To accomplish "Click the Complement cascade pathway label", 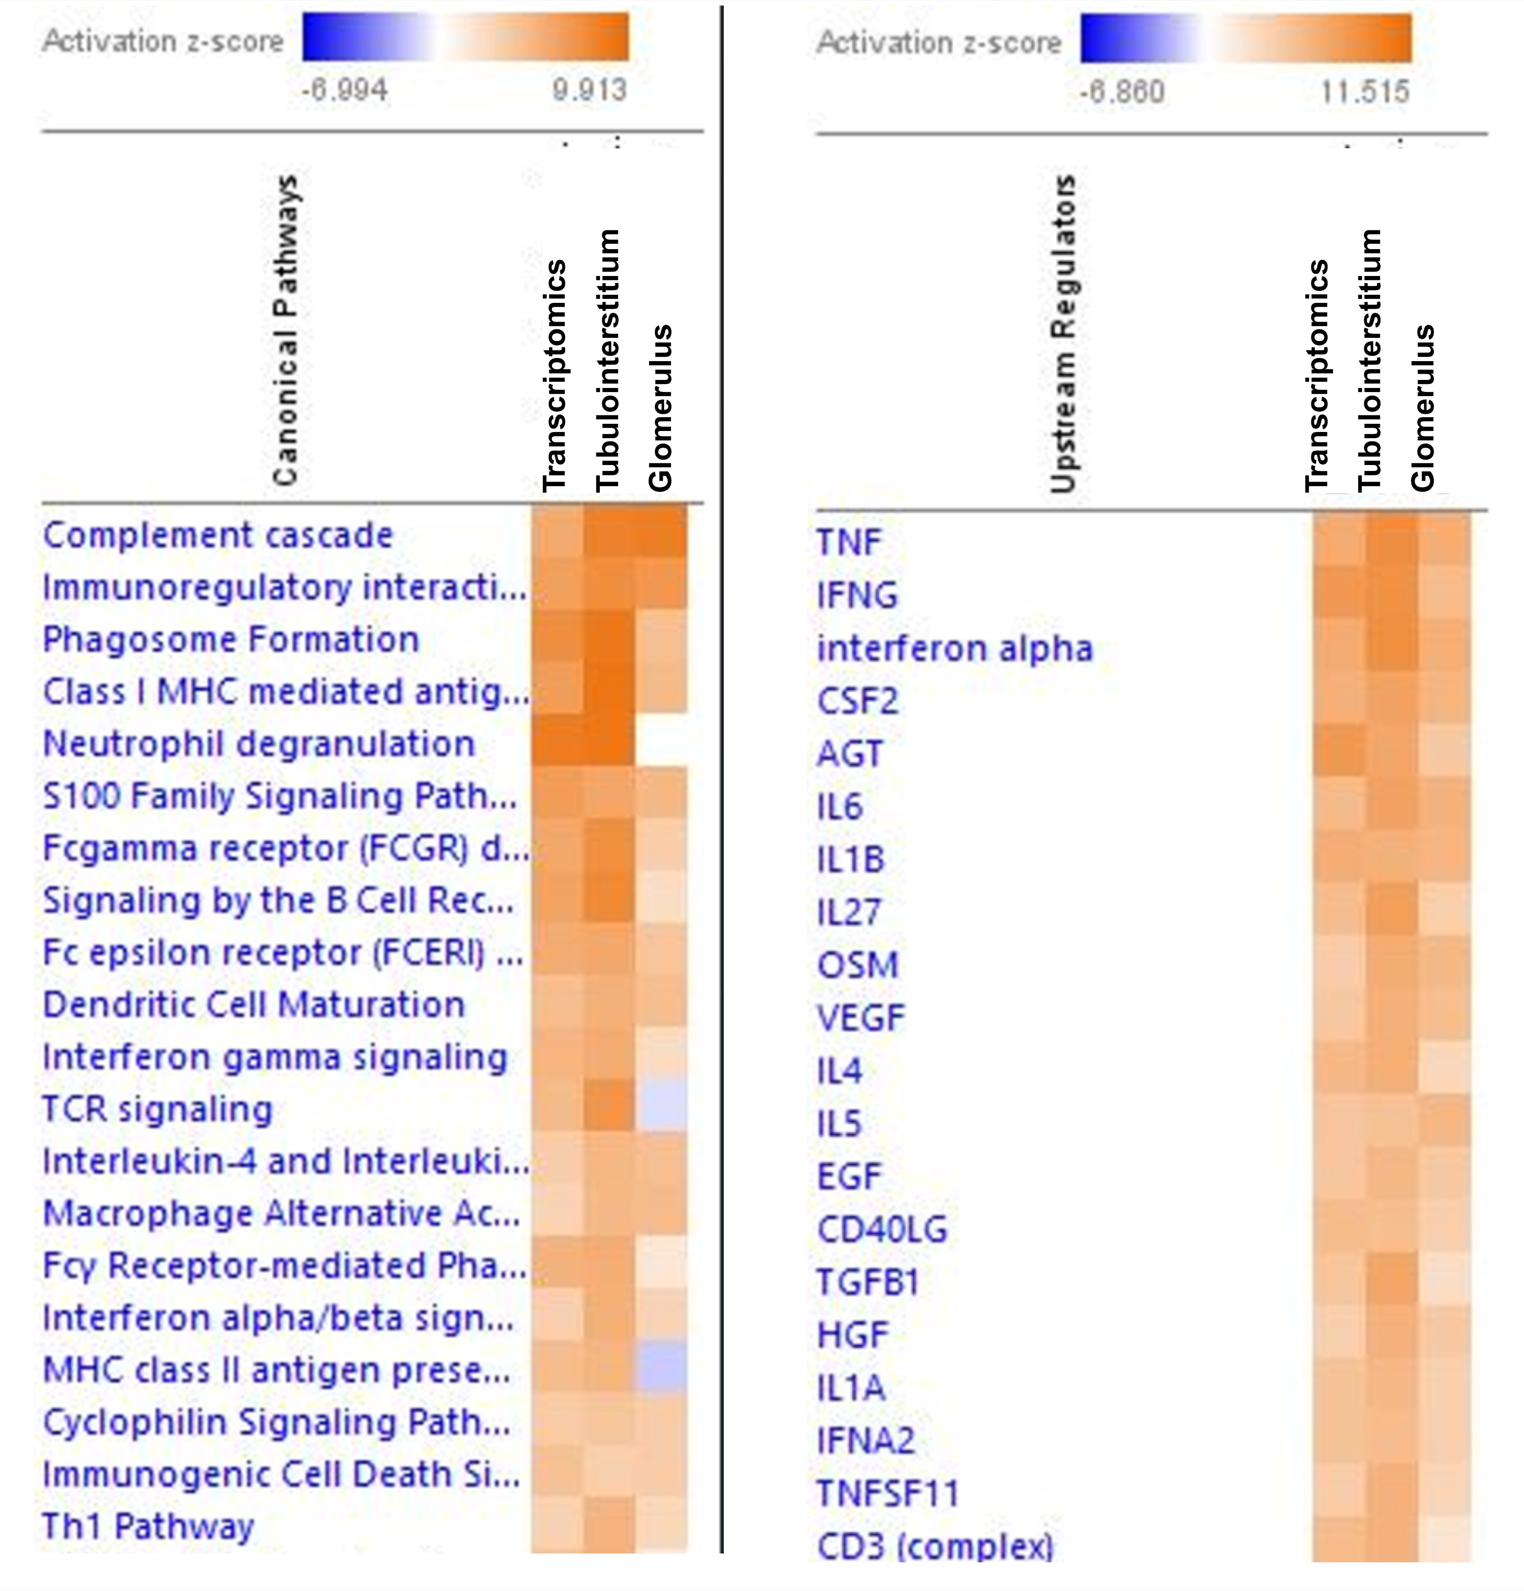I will pos(217,536).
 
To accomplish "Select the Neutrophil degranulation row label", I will pos(258,744).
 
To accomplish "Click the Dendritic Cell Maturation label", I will pos(253,1005).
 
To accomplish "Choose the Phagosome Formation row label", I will pos(230,640).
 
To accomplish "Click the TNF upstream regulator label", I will pos(849,542).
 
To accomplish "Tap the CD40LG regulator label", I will pos(882,1230).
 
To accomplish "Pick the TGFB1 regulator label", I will pos(867,1283).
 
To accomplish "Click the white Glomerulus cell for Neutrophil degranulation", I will pos(661,740).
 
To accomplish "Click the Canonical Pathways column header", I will pos(286,331).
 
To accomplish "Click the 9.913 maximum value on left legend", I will pos(589,89).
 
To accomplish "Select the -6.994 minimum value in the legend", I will pos(344,89).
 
